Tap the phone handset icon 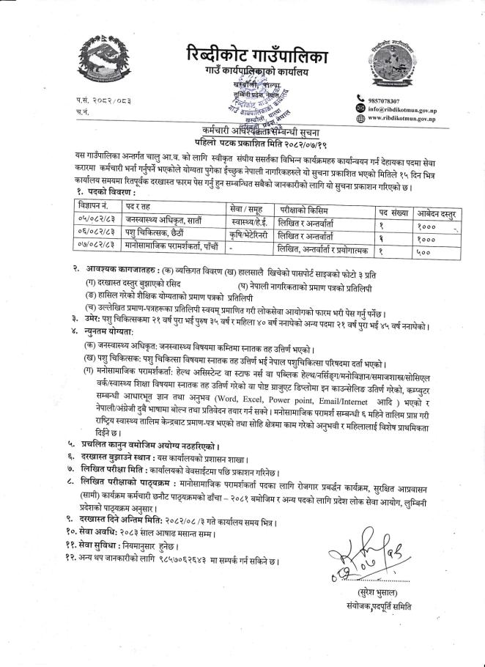pos(360,100)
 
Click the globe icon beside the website pos(360,118)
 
